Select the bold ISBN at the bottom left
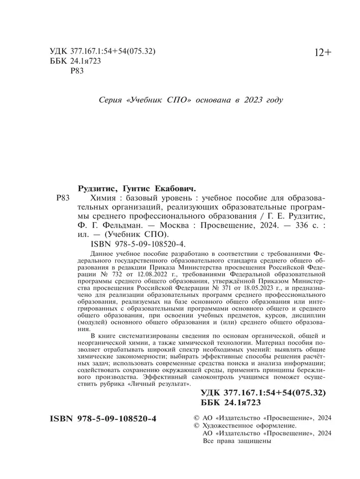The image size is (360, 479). (99, 419)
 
